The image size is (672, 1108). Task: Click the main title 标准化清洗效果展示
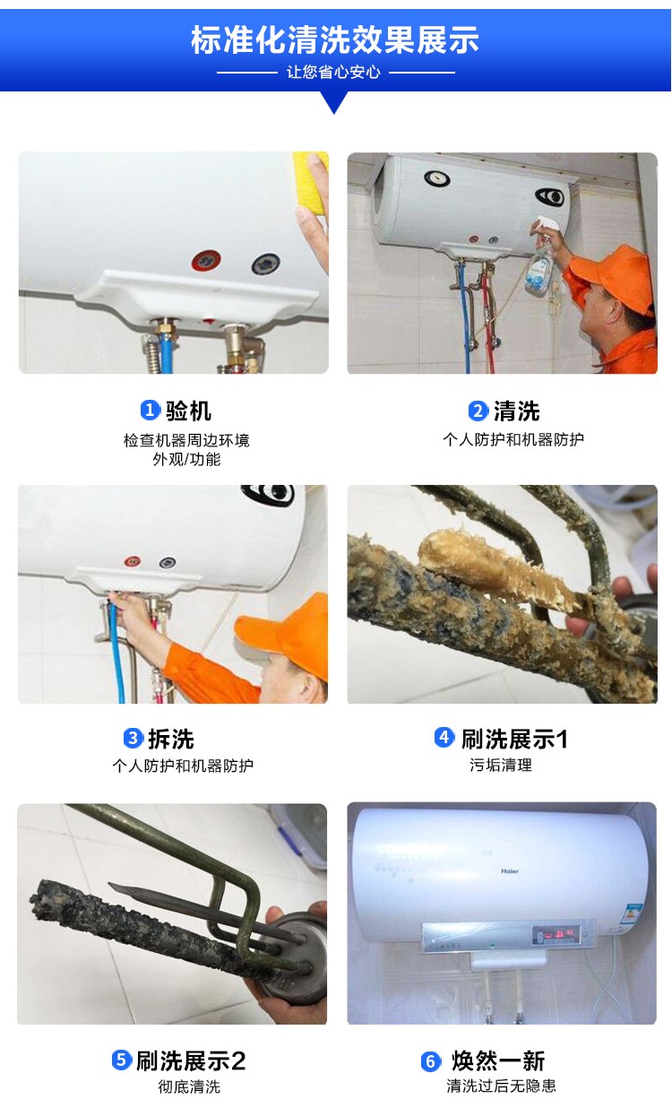[335, 39]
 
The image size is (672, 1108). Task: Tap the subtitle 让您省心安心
[334, 73]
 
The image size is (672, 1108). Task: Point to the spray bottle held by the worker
[541, 261]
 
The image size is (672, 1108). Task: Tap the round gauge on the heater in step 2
[437, 178]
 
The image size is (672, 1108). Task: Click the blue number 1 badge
[151, 410]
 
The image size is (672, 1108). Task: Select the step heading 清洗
[517, 411]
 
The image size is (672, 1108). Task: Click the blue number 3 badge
[133, 739]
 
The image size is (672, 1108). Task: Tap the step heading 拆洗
[171, 739]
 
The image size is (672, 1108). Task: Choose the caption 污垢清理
[501, 765]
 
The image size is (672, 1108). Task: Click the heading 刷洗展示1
[515, 739]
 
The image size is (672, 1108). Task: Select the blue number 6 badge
[431, 1061]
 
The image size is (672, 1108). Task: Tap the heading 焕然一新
[498, 1061]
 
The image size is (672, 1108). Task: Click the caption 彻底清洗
[189, 1086]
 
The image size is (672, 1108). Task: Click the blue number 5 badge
[122, 1060]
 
